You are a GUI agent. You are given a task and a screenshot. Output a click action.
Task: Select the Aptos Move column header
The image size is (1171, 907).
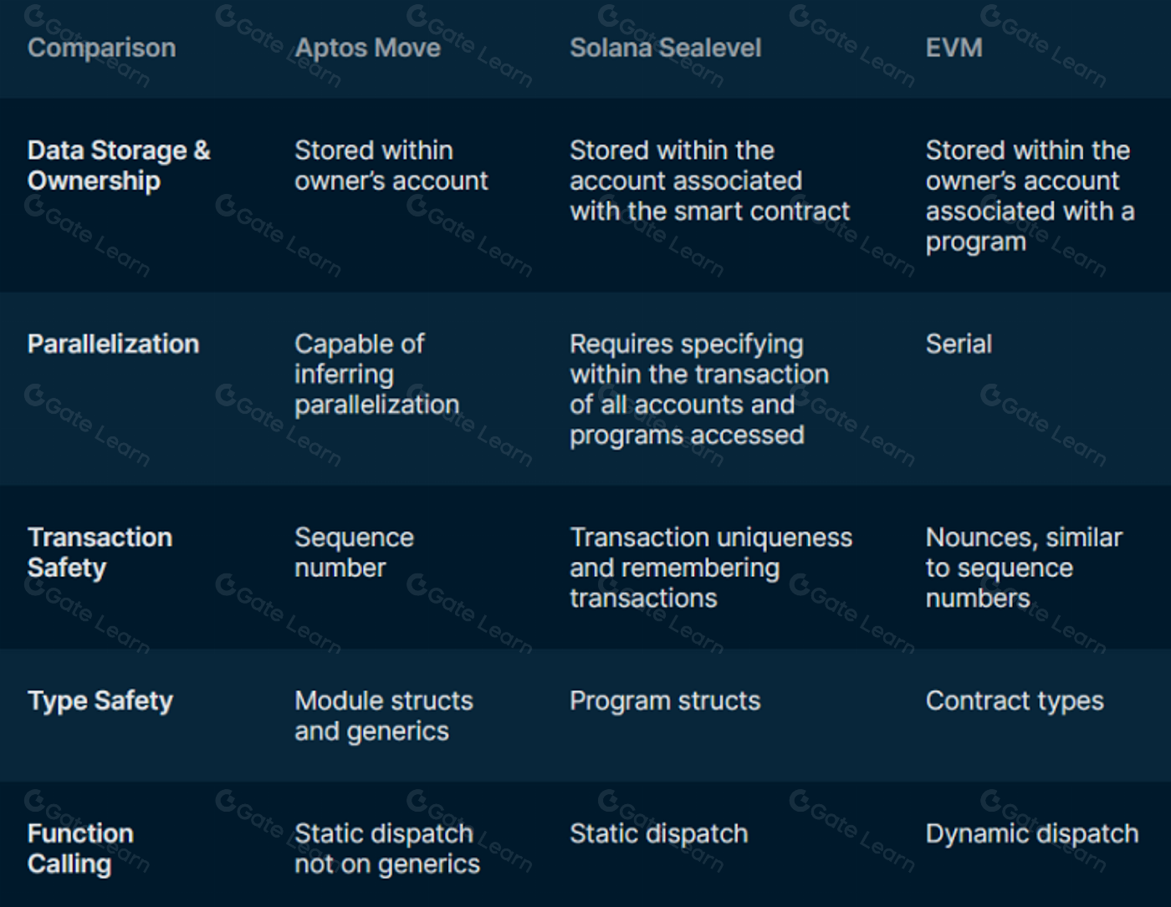click(367, 48)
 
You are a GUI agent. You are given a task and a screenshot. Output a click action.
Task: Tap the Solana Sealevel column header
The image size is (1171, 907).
click(666, 48)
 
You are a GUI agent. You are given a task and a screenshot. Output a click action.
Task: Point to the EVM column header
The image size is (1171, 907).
click(954, 48)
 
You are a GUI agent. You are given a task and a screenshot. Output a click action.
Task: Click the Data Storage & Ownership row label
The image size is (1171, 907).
click(119, 166)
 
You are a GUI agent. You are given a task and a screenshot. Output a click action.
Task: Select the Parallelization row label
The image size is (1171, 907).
click(113, 344)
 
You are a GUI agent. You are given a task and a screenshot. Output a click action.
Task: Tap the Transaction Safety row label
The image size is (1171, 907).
click(100, 553)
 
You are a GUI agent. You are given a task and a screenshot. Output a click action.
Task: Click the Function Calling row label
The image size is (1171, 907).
click(81, 848)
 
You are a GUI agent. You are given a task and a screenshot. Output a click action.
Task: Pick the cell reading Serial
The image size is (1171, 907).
click(959, 344)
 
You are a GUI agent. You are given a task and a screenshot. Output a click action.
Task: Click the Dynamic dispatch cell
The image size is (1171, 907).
click(1032, 834)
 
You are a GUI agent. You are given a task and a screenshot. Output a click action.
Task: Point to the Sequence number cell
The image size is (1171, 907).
click(354, 553)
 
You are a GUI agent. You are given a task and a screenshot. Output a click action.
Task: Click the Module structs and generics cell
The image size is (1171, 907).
click(384, 716)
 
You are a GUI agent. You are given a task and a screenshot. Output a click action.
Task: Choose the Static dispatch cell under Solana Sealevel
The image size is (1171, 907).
click(658, 834)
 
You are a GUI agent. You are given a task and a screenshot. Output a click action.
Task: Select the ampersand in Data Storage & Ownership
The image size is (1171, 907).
click(202, 150)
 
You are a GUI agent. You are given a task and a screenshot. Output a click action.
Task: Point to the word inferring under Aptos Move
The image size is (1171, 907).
click(344, 375)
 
